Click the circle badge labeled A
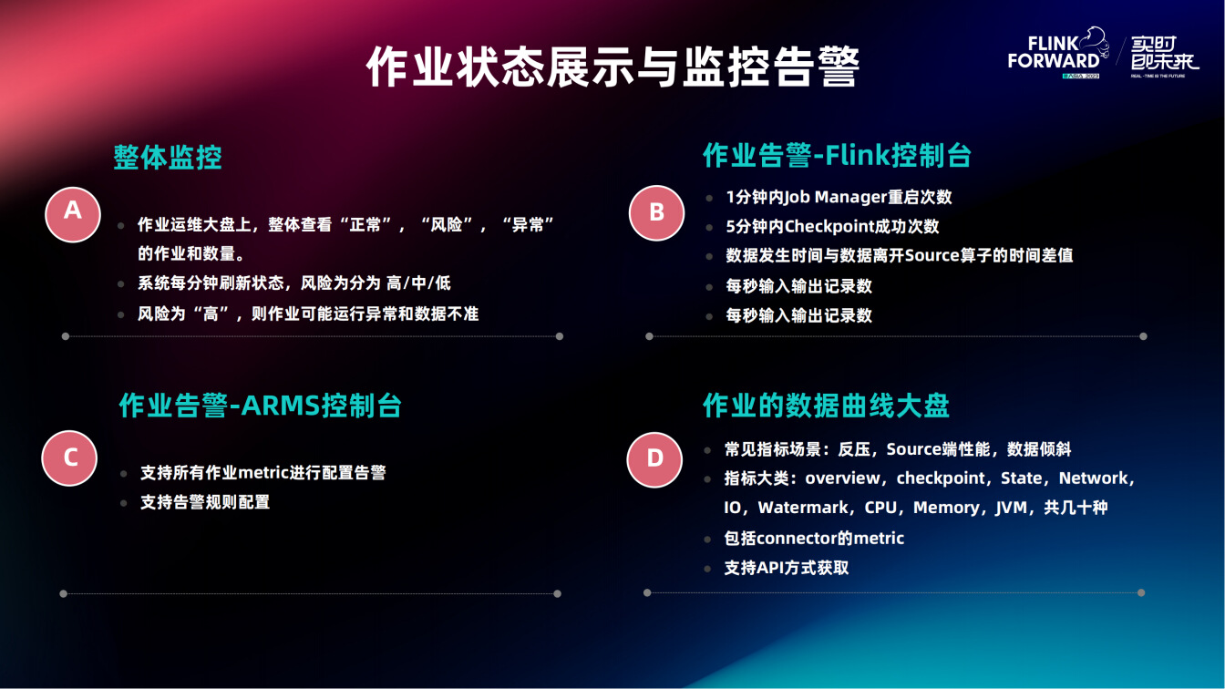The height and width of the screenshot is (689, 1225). [73, 214]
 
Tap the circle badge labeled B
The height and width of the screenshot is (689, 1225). [657, 212]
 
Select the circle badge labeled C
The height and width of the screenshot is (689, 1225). [69, 458]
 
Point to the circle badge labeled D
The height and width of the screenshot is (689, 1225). [654, 459]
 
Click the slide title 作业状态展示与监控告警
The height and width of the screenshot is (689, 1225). [613, 67]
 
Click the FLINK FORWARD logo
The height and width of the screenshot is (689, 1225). [1058, 53]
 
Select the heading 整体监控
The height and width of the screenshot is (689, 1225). [168, 158]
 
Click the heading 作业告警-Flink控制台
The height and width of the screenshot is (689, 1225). [837, 155]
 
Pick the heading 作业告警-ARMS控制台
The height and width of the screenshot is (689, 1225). [261, 406]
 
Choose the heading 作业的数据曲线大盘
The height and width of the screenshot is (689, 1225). [826, 406]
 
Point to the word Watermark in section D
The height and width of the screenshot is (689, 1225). [803, 508]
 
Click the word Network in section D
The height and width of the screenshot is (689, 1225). [1093, 478]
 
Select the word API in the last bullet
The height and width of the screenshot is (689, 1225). [771, 568]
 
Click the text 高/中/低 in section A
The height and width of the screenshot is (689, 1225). [418, 283]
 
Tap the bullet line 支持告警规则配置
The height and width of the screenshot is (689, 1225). [205, 502]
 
